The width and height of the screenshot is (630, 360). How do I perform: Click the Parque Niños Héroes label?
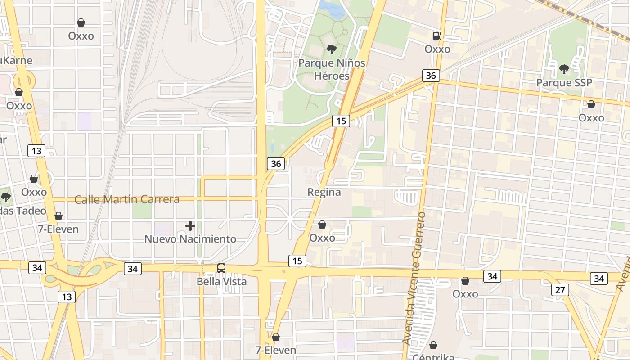click(x=332, y=69)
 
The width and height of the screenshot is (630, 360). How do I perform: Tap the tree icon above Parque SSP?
click(x=564, y=69)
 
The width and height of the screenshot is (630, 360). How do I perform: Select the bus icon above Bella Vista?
click(x=221, y=268)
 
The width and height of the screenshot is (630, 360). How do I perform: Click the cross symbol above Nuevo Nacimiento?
click(x=190, y=225)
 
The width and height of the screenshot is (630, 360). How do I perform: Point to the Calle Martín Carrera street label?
click(x=127, y=199)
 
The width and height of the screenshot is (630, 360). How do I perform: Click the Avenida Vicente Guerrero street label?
click(x=414, y=278)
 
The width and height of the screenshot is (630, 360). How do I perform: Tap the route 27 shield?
click(x=560, y=289)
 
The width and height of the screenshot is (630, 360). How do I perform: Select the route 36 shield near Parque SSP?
click(x=431, y=75)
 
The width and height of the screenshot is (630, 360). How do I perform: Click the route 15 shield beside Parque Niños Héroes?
click(x=341, y=120)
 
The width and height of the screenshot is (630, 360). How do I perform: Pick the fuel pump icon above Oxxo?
click(x=437, y=36)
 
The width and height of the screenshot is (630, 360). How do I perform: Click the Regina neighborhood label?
click(x=324, y=192)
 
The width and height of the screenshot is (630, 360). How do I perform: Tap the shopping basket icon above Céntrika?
click(x=433, y=345)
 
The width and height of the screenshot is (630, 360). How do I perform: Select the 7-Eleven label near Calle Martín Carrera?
click(x=58, y=229)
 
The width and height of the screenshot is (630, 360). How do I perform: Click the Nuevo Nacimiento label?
click(x=190, y=239)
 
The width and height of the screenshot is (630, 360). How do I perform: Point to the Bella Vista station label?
click(x=221, y=282)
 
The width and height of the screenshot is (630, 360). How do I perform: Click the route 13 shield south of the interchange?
click(x=66, y=297)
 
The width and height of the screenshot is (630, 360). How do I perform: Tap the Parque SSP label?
click(x=564, y=83)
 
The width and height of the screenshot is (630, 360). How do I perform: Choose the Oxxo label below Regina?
click(x=322, y=238)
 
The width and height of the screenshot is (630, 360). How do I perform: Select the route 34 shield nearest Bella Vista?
click(x=132, y=269)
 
